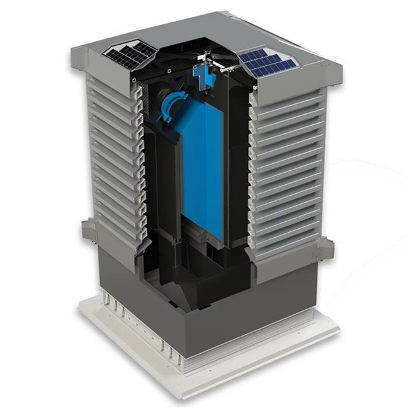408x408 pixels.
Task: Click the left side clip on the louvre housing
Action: click(88, 230)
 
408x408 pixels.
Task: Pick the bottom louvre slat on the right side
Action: click(287, 252)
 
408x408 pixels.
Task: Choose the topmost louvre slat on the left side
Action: click(112, 83)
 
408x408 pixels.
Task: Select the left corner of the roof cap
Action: click(72, 50)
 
